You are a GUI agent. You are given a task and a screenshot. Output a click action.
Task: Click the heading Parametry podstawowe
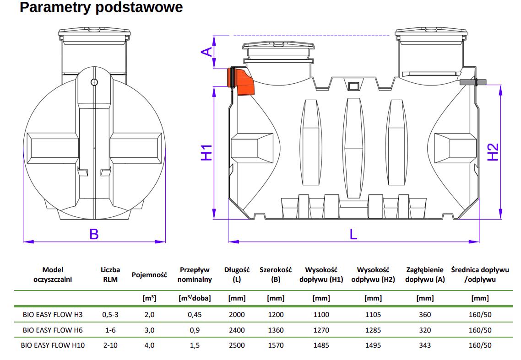click(101, 8)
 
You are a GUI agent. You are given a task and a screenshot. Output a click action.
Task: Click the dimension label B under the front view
click(94, 234)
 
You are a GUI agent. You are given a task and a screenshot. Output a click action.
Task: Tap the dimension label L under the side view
click(353, 234)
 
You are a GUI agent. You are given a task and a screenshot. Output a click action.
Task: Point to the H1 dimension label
click(207, 152)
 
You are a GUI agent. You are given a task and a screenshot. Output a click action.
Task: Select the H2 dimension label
click(493, 152)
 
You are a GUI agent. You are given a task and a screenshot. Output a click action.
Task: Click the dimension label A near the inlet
click(207, 52)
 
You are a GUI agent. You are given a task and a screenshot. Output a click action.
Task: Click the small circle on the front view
click(94, 82)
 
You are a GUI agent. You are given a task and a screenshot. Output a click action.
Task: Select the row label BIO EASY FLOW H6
click(53, 330)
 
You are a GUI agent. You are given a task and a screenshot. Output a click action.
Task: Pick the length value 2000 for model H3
click(237, 315)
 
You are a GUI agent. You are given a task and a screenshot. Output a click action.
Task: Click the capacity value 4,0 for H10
click(149, 345)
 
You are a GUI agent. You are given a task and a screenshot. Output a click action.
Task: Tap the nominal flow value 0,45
click(195, 315)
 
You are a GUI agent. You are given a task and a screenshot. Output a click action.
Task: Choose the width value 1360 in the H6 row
click(276, 330)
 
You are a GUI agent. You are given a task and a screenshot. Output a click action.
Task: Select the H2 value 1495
click(373, 345)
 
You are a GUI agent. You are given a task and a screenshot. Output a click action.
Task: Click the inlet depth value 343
click(424, 345)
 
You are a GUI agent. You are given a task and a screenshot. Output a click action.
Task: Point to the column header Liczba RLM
click(110, 274)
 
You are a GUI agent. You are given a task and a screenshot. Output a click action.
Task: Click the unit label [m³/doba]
click(195, 298)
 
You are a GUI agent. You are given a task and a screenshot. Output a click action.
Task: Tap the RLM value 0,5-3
click(110, 315)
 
